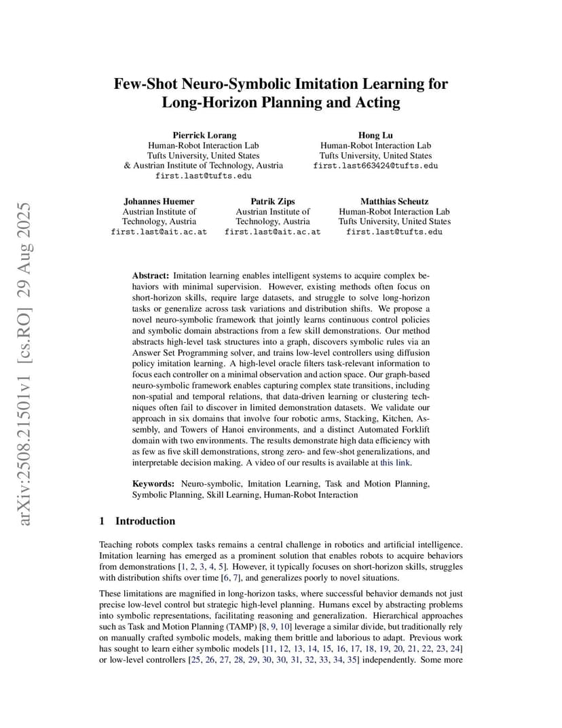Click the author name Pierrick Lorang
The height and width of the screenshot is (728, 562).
204,135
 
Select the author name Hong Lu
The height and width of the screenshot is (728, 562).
375,135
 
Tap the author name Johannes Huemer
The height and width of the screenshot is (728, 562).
159,201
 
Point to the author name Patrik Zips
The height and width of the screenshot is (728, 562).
272,201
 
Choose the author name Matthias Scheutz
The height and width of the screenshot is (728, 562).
394,201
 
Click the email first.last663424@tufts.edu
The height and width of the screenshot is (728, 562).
375,165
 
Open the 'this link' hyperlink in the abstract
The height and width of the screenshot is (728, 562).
395,462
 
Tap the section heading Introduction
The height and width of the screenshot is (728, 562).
145,521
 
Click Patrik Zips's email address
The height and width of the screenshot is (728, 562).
272,232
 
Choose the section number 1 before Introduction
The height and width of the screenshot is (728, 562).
102,521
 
